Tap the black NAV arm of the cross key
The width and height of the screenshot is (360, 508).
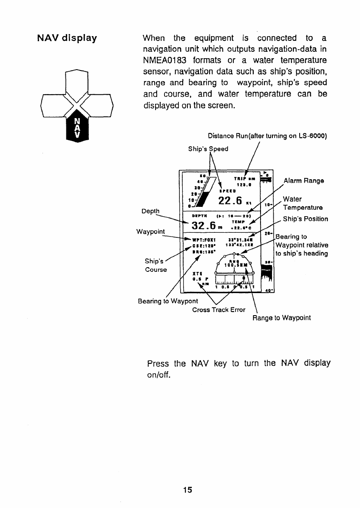pos(77,129)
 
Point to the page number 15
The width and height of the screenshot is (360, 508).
pos(187,490)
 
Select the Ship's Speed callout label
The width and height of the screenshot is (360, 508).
pos(208,149)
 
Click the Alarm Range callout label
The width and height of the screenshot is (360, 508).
pos(304,181)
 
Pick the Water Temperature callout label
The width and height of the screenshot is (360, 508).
pos(303,203)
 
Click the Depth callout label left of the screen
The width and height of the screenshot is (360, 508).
pos(151,211)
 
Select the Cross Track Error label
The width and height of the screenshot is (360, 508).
pos(218,310)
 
